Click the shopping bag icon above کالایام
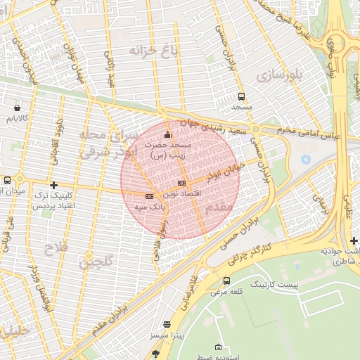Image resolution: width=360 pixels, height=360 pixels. tap(17, 108)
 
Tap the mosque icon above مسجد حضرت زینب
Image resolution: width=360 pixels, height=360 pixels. tap(167, 135)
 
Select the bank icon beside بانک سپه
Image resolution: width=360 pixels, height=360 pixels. tap(148, 196)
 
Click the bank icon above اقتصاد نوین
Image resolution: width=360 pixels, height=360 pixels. tap(181, 183)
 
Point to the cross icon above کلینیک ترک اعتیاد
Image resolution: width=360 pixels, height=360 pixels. tap(53, 185)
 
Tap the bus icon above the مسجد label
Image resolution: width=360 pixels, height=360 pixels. tap(242, 96)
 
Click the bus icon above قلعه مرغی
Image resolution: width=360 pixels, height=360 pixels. tap(226, 281)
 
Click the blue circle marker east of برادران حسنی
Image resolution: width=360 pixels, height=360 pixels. tap(305, 160)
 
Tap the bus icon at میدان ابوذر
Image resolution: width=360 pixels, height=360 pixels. tap(7, 180)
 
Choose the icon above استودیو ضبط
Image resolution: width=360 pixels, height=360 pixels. tap(218, 347)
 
